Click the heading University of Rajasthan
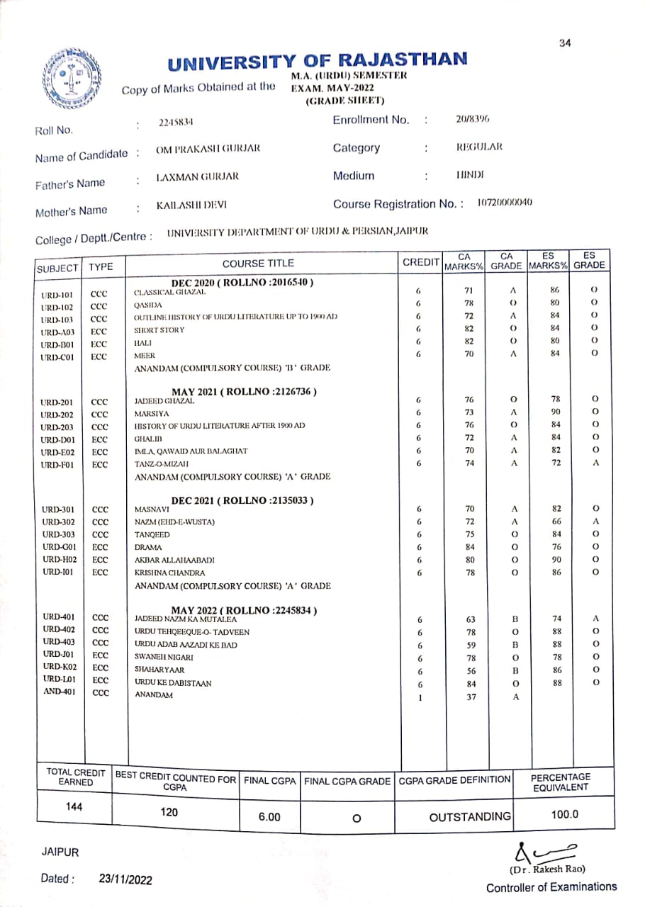point(318,61)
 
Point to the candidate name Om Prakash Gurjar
point(208,148)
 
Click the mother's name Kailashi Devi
point(191,206)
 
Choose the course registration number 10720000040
point(505,203)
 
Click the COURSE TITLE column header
point(258,264)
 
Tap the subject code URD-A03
point(57,330)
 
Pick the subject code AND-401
point(59,693)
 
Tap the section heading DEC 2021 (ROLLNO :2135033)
point(242,501)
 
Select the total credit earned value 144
point(74,807)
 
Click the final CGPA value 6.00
point(269,817)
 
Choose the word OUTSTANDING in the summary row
point(470,817)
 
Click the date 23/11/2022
point(125,879)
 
